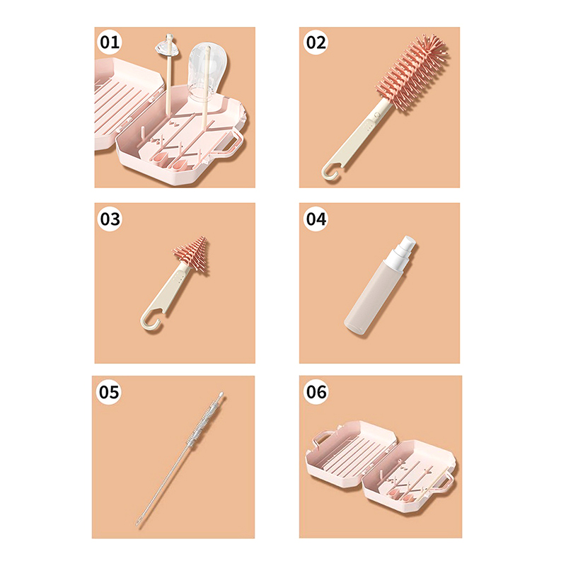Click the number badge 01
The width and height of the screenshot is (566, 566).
click(x=110, y=42)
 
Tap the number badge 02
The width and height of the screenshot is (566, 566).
click(x=316, y=42)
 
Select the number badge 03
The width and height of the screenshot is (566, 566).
click(x=110, y=219)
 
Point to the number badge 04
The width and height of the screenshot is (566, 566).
click(x=316, y=219)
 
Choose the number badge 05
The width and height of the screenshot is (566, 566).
click(x=109, y=392)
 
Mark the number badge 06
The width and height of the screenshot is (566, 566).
click(x=316, y=392)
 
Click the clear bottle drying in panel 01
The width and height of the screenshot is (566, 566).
click(x=208, y=72)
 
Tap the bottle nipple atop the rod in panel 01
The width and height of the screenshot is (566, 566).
click(x=168, y=46)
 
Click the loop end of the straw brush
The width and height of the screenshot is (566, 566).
click(x=137, y=522)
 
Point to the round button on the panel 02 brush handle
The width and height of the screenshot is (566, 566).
click(x=377, y=115)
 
